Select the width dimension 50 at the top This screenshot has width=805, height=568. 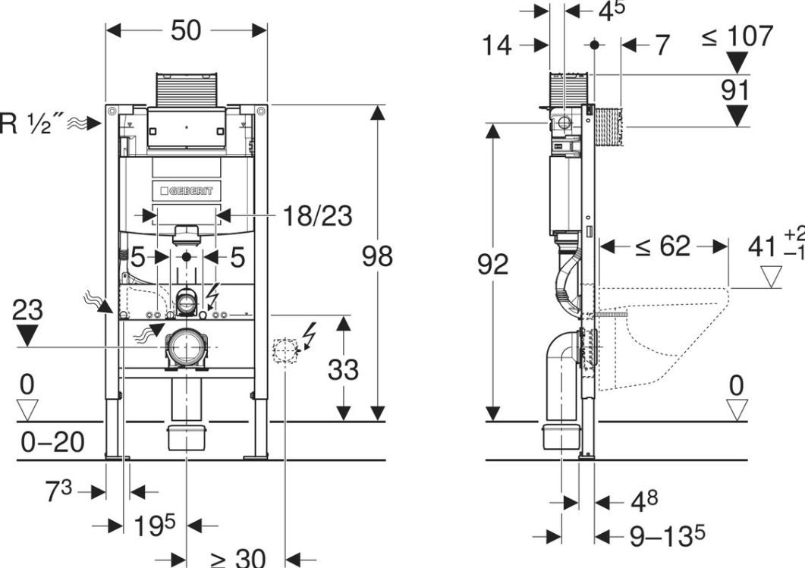186,30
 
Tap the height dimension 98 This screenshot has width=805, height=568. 377,256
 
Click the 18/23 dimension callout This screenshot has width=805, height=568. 318,216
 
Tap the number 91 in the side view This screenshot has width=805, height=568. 734,89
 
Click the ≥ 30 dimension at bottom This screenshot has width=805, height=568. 237,559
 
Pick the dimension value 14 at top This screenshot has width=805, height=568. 498,46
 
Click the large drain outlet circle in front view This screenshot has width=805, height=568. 186,348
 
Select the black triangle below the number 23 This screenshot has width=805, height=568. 28,334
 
